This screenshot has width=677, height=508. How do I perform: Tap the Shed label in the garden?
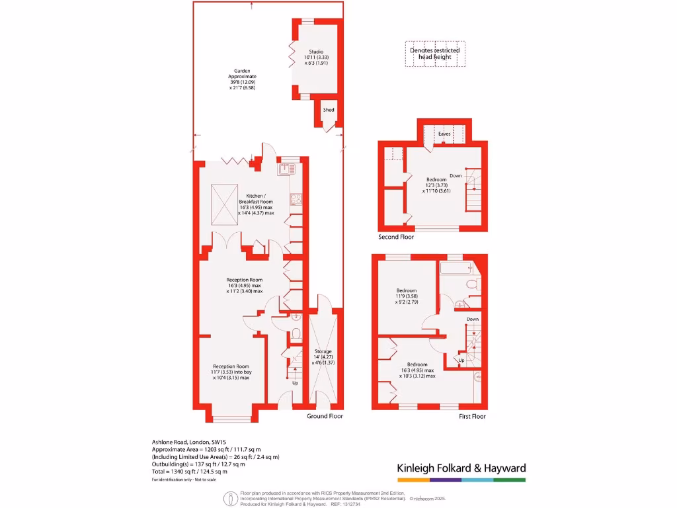(328, 110)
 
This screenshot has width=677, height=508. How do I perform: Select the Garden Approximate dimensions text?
(241, 79)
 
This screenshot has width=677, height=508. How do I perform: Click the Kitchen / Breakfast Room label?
(256, 204)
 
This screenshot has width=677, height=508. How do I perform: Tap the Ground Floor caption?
(325, 416)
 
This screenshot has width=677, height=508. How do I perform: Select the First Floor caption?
(472, 416)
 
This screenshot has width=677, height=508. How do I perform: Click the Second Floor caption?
(396, 237)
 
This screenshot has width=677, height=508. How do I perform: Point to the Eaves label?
(445, 134)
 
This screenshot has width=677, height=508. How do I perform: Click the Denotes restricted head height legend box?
(434, 54)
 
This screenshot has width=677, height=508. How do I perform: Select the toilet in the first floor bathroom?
(472, 284)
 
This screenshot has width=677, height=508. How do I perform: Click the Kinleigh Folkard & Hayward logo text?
(461, 468)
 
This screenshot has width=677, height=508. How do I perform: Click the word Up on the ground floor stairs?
(295, 383)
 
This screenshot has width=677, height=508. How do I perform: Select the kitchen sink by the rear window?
(286, 168)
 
